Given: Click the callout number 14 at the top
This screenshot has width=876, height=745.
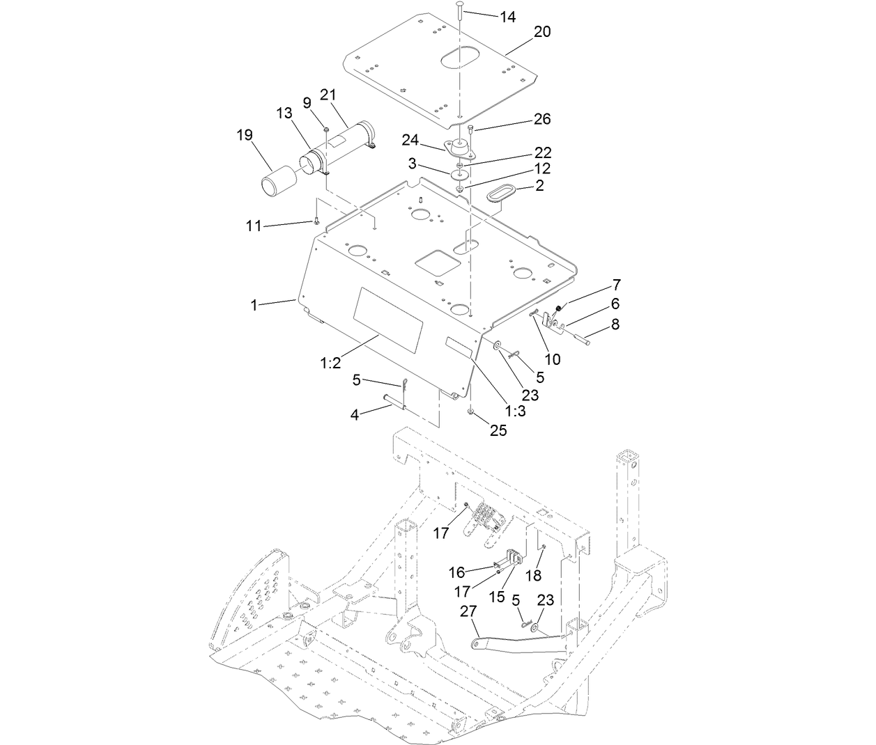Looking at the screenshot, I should tap(507, 17).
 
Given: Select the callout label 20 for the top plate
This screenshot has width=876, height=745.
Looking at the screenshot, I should tap(542, 32).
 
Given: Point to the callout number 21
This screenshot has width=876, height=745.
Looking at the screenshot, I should tap(328, 95).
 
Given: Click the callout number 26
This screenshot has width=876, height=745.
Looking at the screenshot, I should tap(542, 119).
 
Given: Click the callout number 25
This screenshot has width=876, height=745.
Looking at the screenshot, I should tap(498, 430).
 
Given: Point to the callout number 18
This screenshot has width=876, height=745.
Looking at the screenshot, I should tap(532, 575).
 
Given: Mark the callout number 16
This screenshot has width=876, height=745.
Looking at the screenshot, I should tap(456, 572).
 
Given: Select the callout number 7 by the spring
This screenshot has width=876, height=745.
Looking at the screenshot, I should tap(616, 285).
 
